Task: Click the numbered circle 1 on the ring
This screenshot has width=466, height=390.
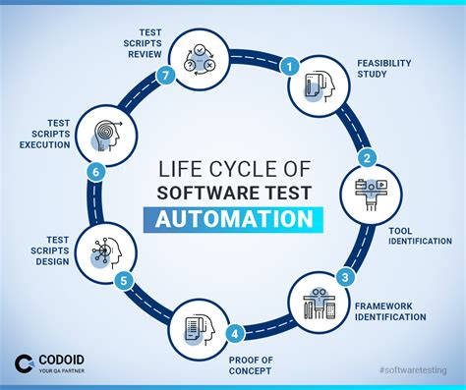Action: coord(289,67)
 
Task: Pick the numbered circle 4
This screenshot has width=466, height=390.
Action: coord(234,332)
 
